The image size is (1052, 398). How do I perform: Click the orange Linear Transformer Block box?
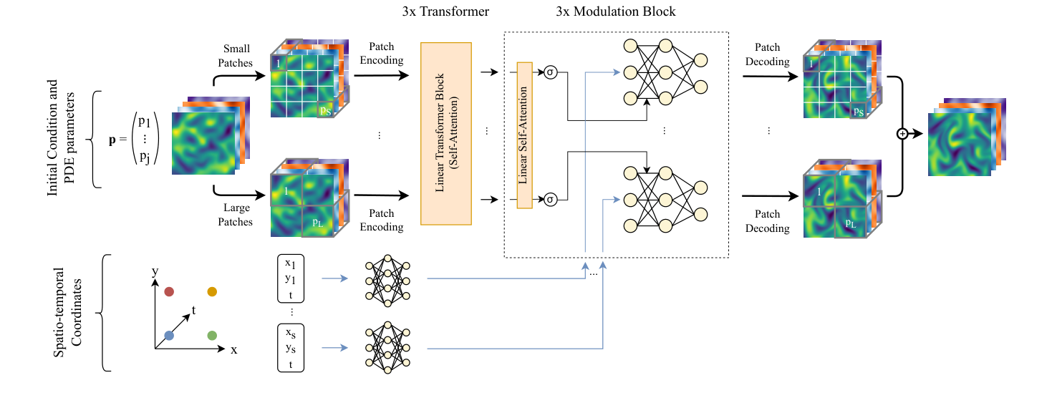click(x=446, y=134)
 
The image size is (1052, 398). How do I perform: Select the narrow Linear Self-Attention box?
click(x=524, y=135)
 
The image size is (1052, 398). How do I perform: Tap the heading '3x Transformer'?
click(x=446, y=12)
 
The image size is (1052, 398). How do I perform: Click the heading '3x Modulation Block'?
click(x=615, y=12)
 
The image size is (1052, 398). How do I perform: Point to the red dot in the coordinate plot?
click(x=169, y=291)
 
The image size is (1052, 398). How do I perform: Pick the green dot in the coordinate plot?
click(x=212, y=335)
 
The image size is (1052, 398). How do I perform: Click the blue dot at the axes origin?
click(x=169, y=335)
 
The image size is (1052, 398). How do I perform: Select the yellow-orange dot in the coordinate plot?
click(x=212, y=291)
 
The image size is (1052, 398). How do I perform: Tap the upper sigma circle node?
click(x=551, y=72)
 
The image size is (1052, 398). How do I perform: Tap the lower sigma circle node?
click(x=551, y=198)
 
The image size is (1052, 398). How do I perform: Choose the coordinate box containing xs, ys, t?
click(x=291, y=348)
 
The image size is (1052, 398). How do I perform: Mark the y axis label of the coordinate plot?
click(x=155, y=271)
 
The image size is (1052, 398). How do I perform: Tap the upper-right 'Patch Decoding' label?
click(x=767, y=54)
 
